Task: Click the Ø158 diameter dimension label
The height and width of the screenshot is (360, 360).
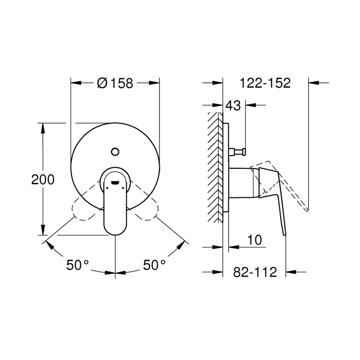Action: coord(115,83)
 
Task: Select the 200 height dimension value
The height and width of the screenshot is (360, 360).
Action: coord(43,180)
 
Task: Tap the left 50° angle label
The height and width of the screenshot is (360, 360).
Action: coord(78,265)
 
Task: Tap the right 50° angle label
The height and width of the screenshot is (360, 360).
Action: coord(155,265)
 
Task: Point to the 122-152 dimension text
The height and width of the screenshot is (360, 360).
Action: coord(265,83)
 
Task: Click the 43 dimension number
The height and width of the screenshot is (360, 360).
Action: coord(233,106)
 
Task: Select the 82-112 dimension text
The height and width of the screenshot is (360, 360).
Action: coord(255,272)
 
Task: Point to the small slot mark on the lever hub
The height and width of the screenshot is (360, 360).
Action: coord(115,181)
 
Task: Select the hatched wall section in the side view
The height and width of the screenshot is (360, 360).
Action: coord(216,166)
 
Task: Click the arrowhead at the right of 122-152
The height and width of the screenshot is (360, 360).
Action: coord(313,83)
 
